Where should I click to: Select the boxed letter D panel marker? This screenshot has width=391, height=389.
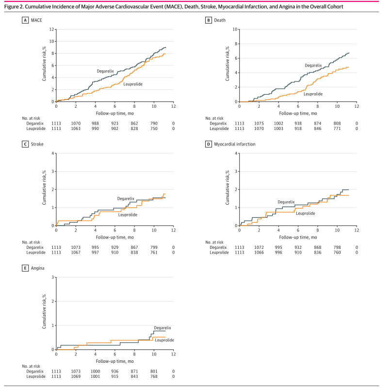click(208, 144)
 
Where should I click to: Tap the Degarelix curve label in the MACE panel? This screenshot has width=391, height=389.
click(105, 71)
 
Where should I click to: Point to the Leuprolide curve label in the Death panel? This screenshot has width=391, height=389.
click(313, 94)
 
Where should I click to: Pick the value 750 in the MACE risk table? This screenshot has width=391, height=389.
click(154, 129)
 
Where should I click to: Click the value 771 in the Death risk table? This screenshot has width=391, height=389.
click(337, 129)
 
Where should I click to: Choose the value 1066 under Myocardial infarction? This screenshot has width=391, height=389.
click(259, 253)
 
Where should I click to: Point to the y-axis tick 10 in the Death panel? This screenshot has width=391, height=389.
click(235, 30)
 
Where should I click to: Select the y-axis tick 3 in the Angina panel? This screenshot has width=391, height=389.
click(53, 277)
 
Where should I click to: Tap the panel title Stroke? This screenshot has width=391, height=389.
click(37, 144)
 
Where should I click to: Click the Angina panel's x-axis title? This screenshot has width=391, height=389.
click(114, 361)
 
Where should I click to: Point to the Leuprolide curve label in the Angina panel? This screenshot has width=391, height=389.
click(164, 340)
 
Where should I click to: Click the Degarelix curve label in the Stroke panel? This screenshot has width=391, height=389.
click(125, 199)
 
